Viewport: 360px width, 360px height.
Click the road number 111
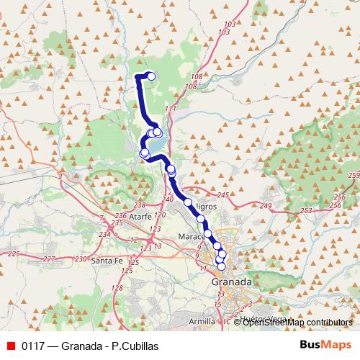170,109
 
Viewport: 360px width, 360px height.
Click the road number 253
307,210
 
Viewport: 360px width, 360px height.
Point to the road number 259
353,176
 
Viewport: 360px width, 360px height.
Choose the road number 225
13,253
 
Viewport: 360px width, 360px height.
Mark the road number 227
48,258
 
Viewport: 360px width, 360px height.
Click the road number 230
80,258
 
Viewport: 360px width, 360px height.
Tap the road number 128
117,288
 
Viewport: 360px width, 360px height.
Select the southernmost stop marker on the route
221,266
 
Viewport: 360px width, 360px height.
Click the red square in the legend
10,346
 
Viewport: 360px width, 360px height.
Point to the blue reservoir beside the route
163,137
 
